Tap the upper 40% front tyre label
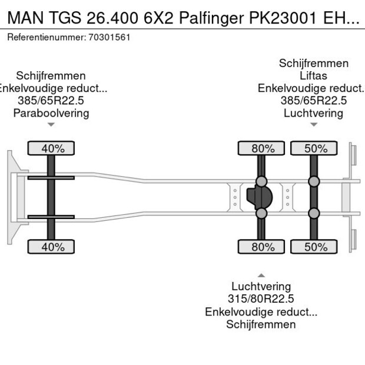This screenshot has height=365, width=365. coord(52,148)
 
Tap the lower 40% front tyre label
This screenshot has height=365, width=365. coord(52,247)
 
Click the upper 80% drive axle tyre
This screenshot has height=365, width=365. coord(262,148)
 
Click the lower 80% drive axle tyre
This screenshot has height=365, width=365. coord(262,247)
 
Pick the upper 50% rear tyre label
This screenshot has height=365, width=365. coord(315,148)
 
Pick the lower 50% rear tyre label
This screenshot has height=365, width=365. coord(315,247)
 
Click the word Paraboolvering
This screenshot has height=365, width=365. coord(51,113)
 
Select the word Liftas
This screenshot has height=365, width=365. coord(313,76)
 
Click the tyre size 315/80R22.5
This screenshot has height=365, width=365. coord(261,299)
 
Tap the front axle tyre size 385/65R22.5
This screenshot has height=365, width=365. coord(51,101)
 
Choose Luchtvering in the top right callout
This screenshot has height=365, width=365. coord(313,113)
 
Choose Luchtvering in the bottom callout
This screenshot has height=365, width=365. coord(261,287)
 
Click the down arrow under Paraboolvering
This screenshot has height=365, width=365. coord(51,124)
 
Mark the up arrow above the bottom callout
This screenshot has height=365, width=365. coord(261,275)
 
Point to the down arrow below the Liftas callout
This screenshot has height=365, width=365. coord(314,124)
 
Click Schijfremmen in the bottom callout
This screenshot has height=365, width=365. coord(261,324)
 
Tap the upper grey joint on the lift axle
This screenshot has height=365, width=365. coord(314,181)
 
